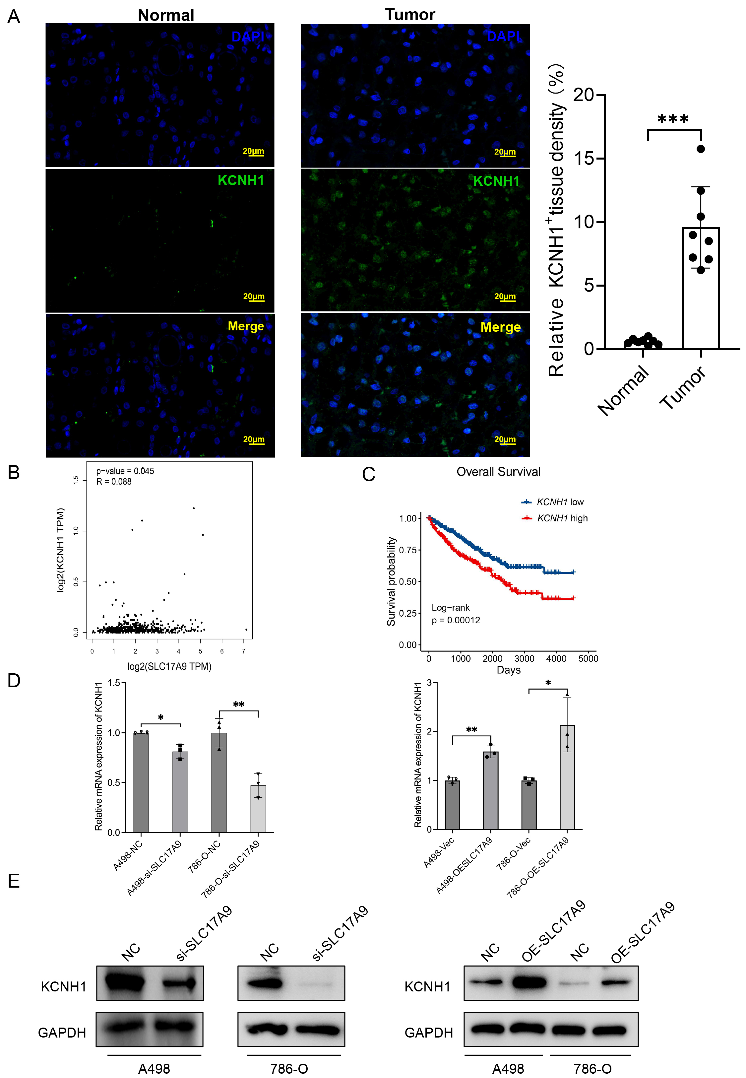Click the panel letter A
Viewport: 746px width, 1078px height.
tap(14, 17)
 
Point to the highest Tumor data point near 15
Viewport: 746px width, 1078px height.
tap(701, 149)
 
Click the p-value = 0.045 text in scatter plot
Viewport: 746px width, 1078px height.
tap(125, 471)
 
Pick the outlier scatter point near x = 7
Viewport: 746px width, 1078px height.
tap(246, 630)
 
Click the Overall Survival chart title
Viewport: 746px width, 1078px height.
tap(498, 472)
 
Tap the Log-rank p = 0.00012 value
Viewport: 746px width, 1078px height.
tap(456, 620)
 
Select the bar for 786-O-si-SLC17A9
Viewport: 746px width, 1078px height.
tap(258, 809)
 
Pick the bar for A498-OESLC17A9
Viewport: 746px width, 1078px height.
tap(490, 790)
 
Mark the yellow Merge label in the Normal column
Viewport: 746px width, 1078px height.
tap(246, 326)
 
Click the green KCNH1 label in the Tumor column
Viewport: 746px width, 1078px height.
tap(496, 181)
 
